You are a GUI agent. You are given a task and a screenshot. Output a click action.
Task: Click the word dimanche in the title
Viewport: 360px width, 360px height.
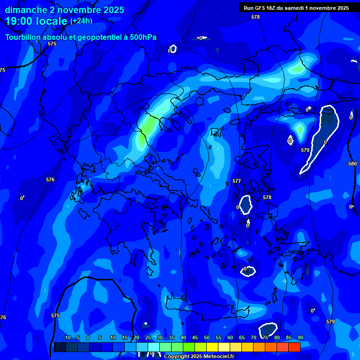pos(26,10)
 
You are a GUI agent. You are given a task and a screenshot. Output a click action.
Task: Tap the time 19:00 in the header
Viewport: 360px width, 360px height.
pos(18,21)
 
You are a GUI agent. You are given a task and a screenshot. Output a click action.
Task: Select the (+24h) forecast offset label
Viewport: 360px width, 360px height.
pos(81,21)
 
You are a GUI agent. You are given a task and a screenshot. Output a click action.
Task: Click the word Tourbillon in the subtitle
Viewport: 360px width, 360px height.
pos(23,37)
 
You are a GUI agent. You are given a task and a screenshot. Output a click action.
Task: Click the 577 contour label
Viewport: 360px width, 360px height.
pos(237,181)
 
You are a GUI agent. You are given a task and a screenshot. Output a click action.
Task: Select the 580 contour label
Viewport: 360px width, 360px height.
pos(352,164)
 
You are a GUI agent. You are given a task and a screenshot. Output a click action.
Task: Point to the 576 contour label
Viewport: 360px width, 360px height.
pos(50,180)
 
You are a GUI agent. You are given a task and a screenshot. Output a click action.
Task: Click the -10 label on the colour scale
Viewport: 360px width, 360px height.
pos(67,338)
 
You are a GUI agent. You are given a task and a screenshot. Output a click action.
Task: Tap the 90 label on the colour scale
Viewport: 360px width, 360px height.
pos(300,338)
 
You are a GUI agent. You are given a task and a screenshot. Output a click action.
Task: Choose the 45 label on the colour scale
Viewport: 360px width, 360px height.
pos(195,338)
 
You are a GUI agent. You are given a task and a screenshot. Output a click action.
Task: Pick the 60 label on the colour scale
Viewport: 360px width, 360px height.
pos(230,338)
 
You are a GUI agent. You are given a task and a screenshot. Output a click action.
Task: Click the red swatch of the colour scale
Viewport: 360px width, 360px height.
pos(294,347)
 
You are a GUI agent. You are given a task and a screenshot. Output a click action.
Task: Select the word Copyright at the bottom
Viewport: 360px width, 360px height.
pos(177,357)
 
